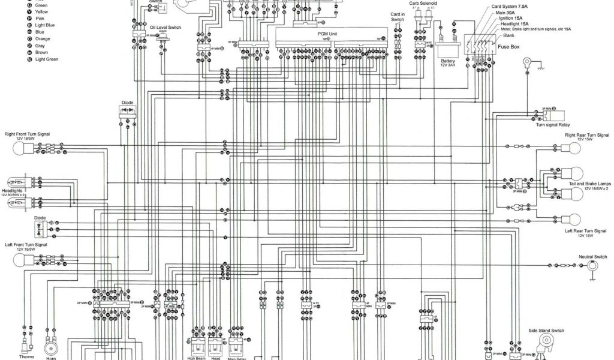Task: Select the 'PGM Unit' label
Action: point(327,34)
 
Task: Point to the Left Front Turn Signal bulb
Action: point(22,259)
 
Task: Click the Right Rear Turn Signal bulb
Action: point(576,146)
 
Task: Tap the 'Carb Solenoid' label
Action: point(423,3)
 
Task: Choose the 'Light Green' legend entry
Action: point(46,59)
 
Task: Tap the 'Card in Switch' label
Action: point(398,17)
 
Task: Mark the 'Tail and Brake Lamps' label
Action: point(589,183)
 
